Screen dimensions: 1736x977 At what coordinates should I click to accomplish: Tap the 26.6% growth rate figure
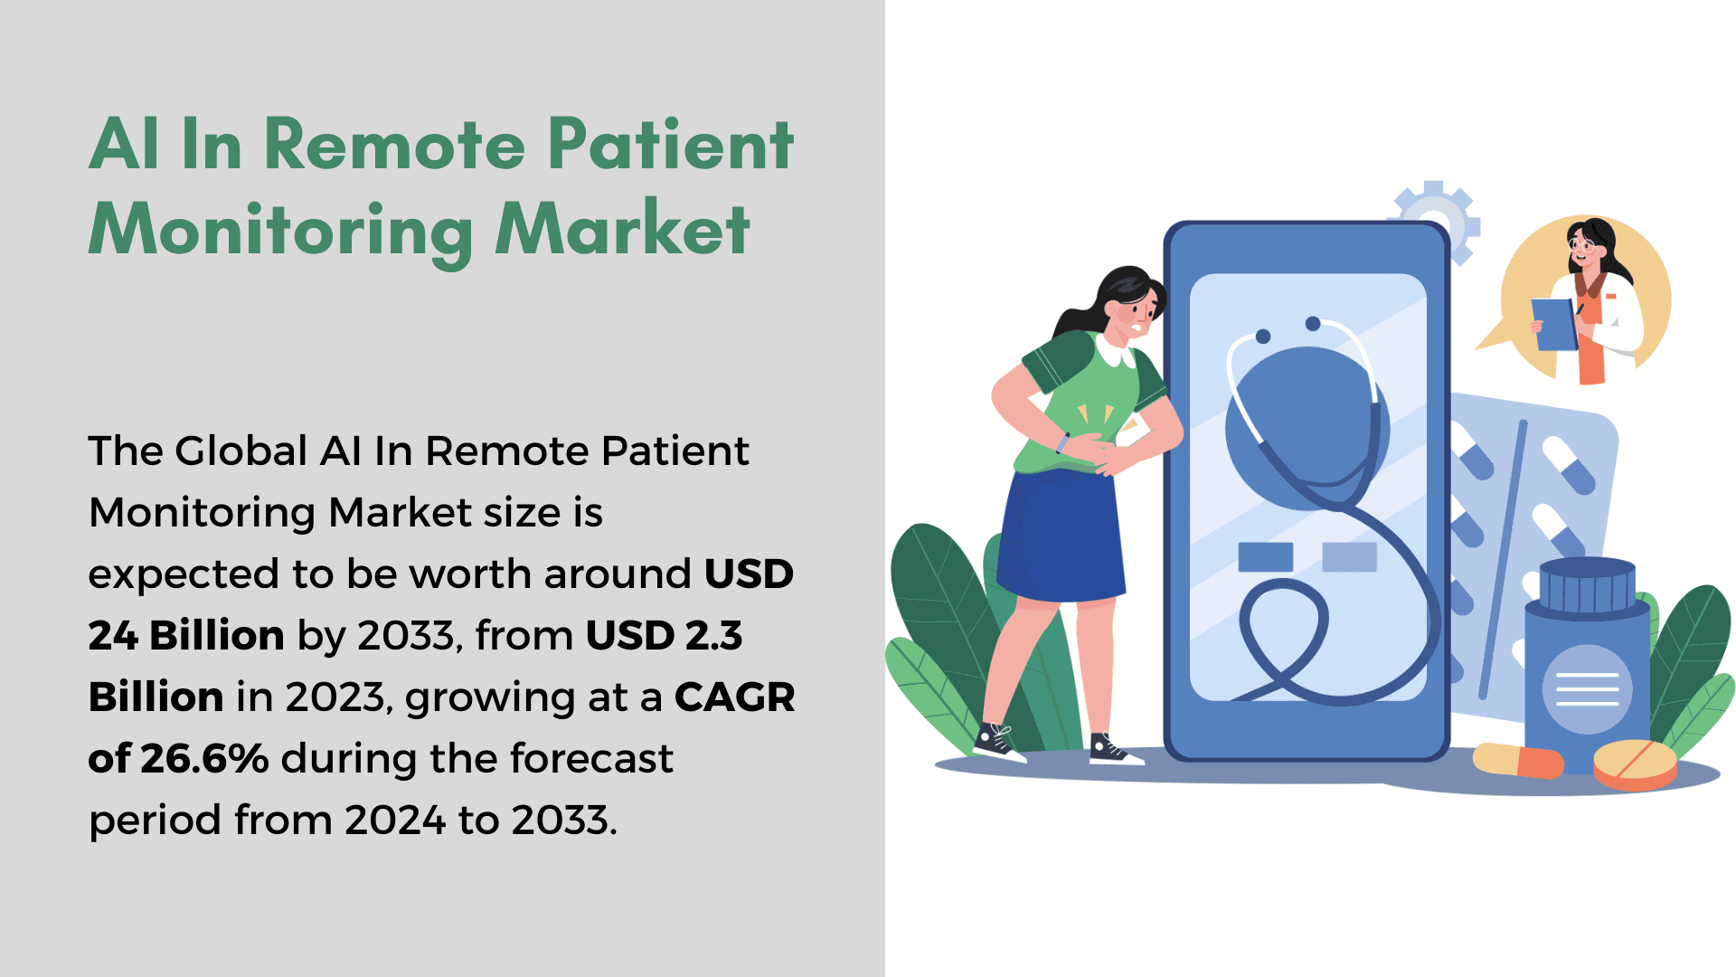click(204, 758)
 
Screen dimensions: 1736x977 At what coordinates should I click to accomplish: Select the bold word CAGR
click(734, 697)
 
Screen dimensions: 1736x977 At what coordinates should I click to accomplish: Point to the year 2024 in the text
click(395, 820)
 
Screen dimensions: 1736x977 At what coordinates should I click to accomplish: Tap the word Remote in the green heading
click(394, 145)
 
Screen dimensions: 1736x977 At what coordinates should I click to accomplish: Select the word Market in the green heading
click(622, 229)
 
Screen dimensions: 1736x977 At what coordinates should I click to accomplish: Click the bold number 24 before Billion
click(113, 635)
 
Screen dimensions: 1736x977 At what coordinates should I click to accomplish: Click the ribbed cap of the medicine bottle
click(1588, 586)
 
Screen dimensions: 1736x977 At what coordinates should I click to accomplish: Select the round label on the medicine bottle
click(1587, 689)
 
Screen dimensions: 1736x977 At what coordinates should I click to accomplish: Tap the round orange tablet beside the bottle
click(1635, 764)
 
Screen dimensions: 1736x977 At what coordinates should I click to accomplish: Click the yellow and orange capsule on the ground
click(1518, 760)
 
